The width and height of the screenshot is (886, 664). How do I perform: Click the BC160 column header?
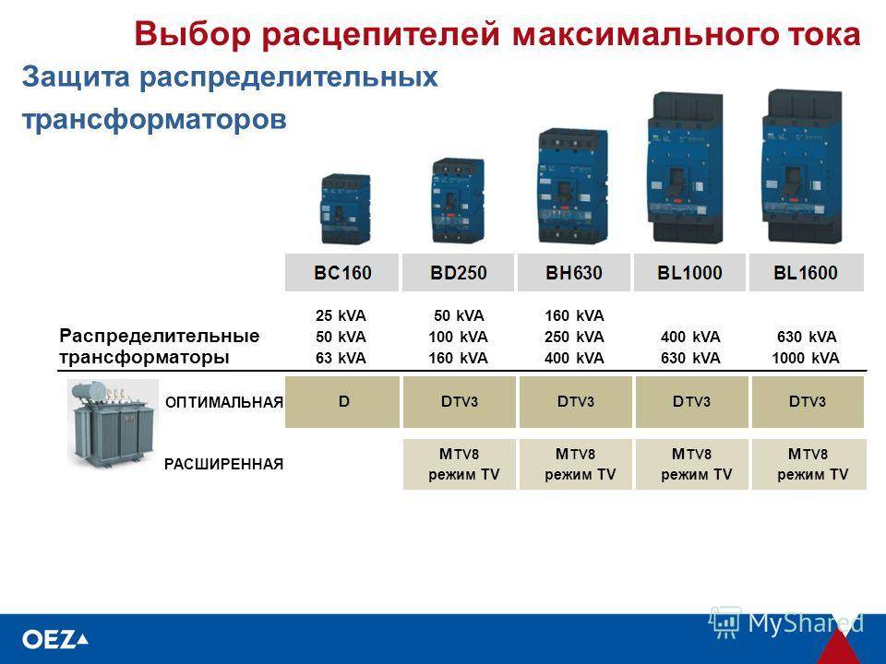(341, 273)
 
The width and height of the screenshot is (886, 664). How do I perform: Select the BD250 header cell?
(458, 273)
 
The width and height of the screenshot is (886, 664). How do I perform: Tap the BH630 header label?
(573, 273)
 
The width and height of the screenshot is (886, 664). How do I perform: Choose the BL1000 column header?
(689, 273)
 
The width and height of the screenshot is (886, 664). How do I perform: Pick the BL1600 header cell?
(807, 273)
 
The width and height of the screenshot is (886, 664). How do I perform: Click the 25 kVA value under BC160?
(341, 315)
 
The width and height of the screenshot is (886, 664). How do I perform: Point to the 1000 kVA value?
(805, 358)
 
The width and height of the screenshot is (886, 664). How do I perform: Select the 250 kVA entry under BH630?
(574, 338)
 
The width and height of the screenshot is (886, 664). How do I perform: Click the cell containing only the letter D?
(342, 402)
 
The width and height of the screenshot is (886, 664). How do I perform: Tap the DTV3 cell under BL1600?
(808, 402)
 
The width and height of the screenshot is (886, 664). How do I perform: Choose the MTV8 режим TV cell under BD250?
(460, 464)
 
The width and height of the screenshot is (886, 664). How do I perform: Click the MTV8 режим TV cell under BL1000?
(692, 464)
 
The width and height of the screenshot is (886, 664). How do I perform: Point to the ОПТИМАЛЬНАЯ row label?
(223, 403)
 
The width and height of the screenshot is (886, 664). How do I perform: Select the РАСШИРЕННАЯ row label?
(223, 465)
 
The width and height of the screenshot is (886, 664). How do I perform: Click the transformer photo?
(113, 423)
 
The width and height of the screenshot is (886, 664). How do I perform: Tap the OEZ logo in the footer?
(54, 640)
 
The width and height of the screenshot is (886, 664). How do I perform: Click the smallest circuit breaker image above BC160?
(344, 208)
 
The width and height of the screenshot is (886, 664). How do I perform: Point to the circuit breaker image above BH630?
(572, 185)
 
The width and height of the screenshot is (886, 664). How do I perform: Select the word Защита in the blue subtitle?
(76, 77)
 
